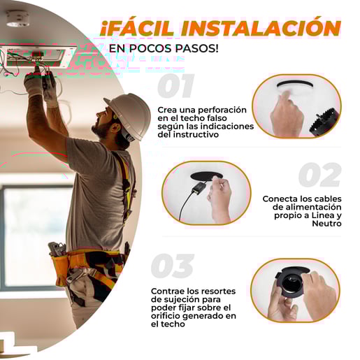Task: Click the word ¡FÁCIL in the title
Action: point(137,28)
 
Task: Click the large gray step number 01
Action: point(176,85)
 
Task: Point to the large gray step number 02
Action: point(320,175)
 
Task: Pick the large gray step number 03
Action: point(173,266)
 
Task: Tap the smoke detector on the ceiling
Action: point(17,19)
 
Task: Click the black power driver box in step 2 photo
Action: point(198,187)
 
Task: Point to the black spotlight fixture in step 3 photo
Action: point(291,282)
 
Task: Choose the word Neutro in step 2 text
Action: point(326,224)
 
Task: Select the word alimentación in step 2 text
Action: point(313,207)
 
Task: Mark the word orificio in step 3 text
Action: point(166,316)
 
